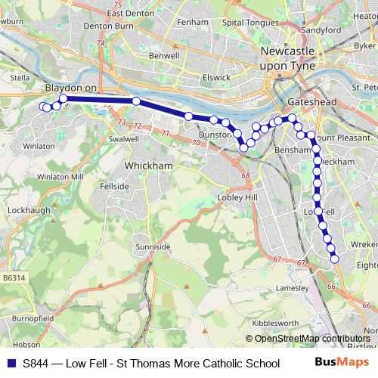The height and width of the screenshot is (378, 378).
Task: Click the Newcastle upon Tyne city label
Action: coord(292,58)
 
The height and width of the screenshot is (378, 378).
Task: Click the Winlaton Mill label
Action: coord(58,176)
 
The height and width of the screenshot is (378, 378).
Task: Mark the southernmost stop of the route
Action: coord(334,259)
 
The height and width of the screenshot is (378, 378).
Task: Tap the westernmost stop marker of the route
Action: coord(42,107)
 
